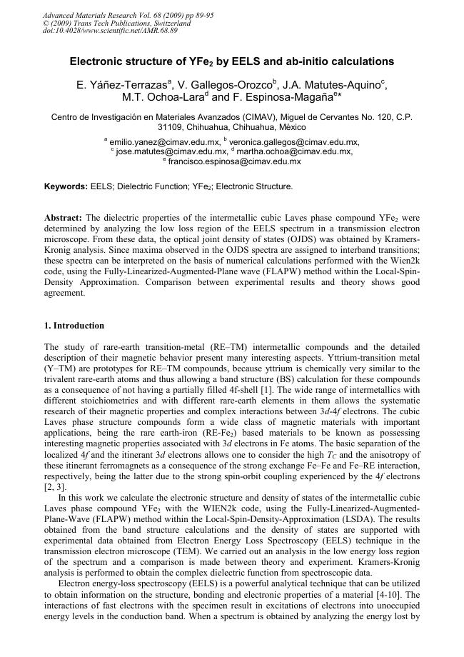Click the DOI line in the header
(x=111, y=30)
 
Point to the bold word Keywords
(x=66, y=186)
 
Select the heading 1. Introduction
(x=74, y=326)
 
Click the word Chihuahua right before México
(x=248, y=126)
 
